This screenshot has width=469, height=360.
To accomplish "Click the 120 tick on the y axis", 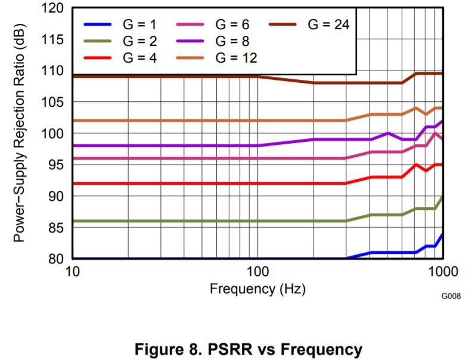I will pyautogui.click(x=53, y=8).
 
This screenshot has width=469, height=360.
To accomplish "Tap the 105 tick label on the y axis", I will pyautogui.click(x=53, y=102).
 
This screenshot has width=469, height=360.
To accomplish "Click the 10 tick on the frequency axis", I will pyautogui.click(x=72, y=272).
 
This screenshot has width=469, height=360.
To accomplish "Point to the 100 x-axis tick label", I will pyautogui.click(x=257, y=272).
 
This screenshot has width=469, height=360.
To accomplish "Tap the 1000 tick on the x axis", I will pyautogui.click(x=442, y=272).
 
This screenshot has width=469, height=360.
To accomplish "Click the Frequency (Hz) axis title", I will pyautogui.click(x=257, y=290).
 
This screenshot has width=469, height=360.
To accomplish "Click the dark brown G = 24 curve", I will pyautogui.click(x=179, y=76).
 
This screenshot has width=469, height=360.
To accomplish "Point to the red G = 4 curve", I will pyautogui.click(x=179, y=183).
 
